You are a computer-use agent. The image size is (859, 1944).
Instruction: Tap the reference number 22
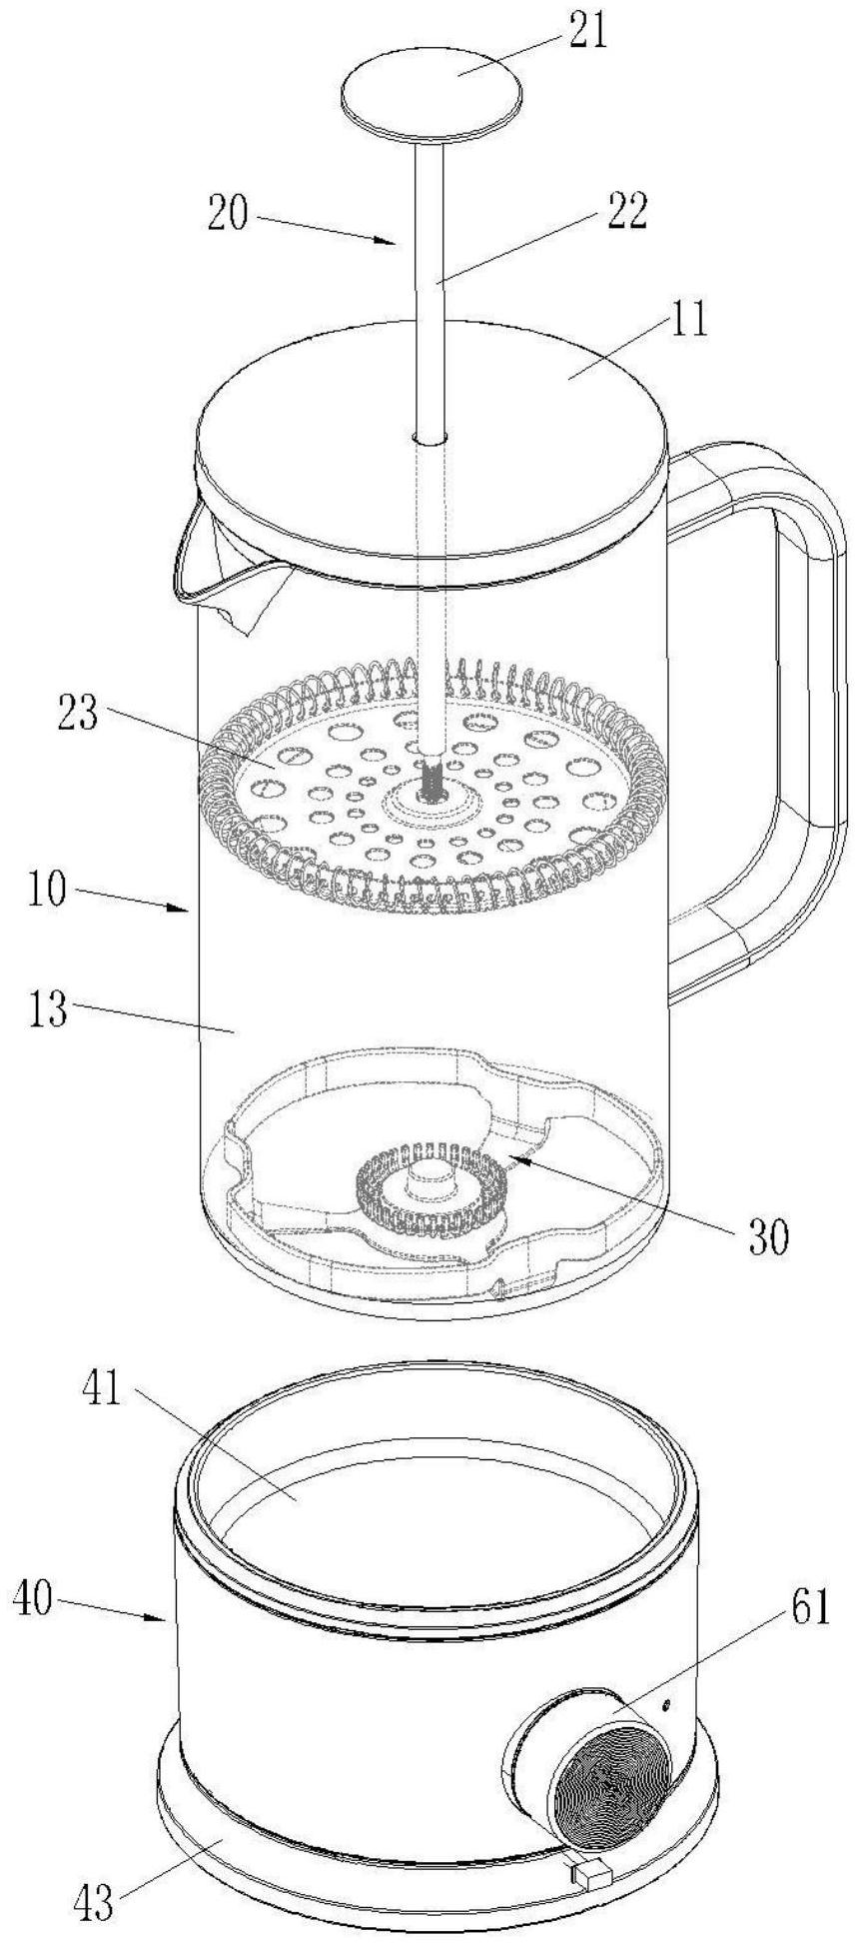(626, 212)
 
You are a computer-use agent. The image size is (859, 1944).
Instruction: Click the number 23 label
(77, 716)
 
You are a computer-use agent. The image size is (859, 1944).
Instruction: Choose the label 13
(47, 1009)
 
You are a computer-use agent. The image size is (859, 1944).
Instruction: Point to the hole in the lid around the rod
(430, 438)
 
